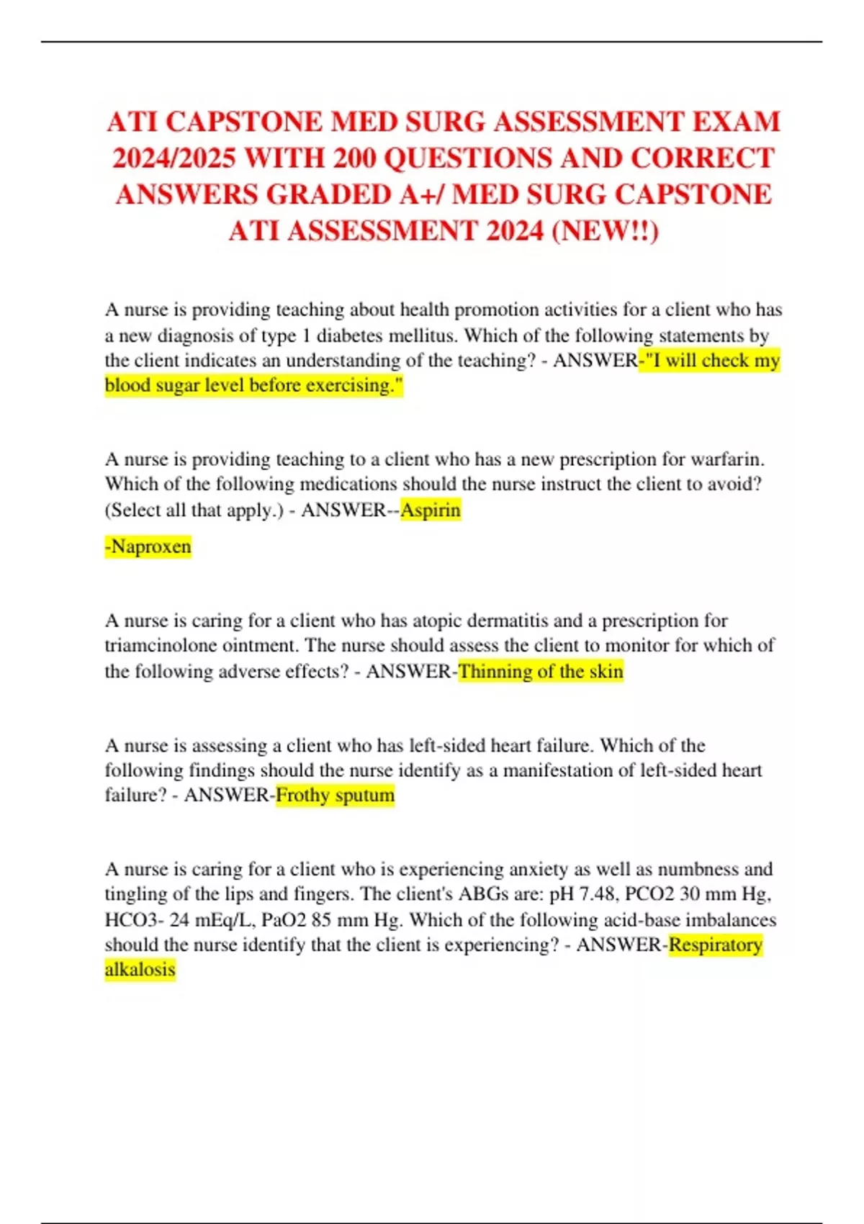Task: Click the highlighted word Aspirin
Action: click(431, 510)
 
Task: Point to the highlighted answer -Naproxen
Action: click(148, 546)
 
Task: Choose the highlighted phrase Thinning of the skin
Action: click(541, 672)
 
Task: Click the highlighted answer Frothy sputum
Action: click(336, 796)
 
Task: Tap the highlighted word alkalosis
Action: click(140, 970)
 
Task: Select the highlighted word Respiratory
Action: click(716, 945)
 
